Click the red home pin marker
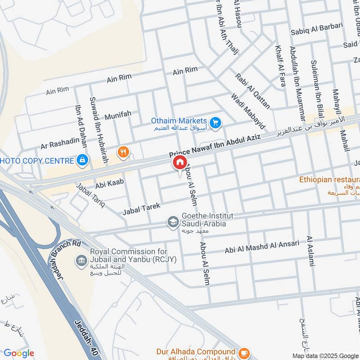(179, 162)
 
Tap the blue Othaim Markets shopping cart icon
(216, 122)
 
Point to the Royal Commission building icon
(81, 261)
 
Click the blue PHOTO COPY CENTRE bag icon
(82, 160)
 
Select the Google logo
(19, 353)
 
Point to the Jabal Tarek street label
(141, 208)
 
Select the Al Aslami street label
(310, 251)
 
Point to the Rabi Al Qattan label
(252, 91)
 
